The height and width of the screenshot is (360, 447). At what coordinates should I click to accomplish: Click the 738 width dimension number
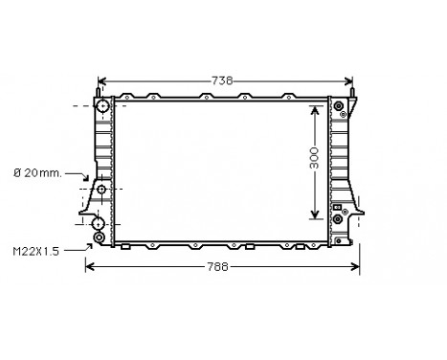tap(221, 80)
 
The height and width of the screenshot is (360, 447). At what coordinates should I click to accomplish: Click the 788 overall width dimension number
tap(219, 267)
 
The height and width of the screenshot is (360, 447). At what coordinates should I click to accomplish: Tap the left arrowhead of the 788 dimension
tap(89, 267)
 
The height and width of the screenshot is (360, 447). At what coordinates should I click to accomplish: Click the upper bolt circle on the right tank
tap(338, 115)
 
